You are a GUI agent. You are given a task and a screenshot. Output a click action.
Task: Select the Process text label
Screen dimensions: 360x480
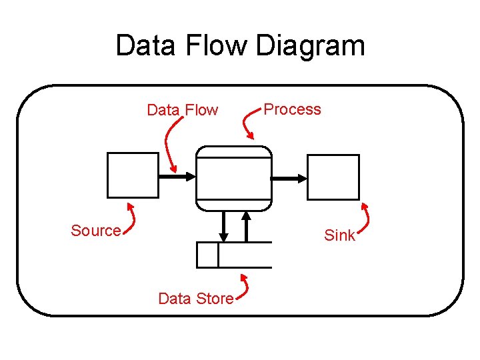tap(292, 109)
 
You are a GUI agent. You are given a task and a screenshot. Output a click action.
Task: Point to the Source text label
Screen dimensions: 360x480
tap(95, 231)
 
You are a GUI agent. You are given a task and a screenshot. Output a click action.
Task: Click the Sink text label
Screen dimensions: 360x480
tap(339, 235)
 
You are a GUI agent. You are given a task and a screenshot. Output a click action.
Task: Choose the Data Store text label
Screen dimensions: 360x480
tap(195, 299)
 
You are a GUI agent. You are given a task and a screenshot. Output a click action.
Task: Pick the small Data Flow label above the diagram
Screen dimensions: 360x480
tap(182, 110)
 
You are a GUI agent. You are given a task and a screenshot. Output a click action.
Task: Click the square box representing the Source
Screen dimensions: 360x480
tap(133, 175)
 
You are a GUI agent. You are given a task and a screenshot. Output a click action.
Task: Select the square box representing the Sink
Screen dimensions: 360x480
tap(333, 177)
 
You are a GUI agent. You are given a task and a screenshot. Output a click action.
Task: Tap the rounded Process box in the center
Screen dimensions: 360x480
tap(234, 178)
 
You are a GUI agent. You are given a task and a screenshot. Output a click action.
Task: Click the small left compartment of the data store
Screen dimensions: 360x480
tap(207, 255)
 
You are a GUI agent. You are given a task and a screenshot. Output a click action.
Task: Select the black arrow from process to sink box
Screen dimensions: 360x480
tap(289, 178)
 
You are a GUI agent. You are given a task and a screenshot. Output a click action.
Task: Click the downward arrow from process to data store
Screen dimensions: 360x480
tap(224, 227)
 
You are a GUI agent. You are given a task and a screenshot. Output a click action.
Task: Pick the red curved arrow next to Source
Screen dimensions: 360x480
tap(133, 218)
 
